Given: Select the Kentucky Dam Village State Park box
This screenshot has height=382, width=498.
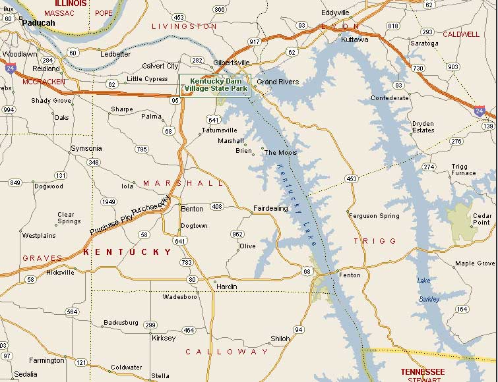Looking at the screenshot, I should [x=216, y=85].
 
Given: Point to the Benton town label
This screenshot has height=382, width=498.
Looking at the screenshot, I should [x=192, y=209].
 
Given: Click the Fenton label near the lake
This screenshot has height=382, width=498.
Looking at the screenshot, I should [x=350, y=275].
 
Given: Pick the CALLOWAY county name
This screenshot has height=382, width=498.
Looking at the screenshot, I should [x=227, y=352].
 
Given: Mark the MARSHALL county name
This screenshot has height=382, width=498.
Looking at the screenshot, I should [x=183, y=183].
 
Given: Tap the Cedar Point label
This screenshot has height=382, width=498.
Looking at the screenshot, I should [x=482, y=219].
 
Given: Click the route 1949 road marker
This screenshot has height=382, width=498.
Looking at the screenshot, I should [x=109, y=202].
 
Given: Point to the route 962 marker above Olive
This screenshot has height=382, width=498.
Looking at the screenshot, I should [x=237, y=234].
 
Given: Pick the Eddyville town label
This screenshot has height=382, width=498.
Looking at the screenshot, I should [x=335, y=13].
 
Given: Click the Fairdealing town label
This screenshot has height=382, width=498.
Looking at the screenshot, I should [x=270, y=209].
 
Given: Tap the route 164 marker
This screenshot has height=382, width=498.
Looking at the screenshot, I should [x=461, y=309].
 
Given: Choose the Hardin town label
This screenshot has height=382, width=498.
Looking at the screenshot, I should [x=227, y=286].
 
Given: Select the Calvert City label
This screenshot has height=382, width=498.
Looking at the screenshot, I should [x=160, y=66].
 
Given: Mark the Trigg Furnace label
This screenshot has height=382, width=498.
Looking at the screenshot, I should [x=463, y=170].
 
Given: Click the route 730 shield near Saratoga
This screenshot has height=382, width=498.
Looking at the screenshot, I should [x=418, y=68].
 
